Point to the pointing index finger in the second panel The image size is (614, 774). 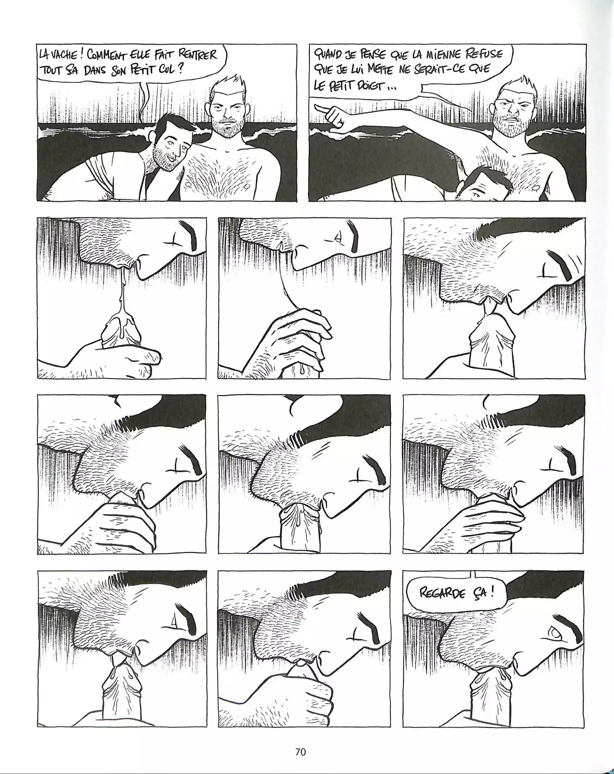[x=324, y=108]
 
